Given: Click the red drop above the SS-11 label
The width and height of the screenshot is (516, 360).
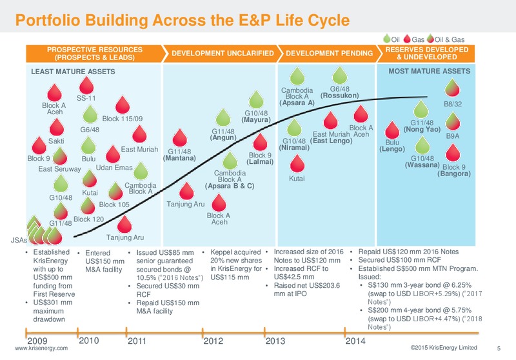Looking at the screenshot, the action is [86, 86].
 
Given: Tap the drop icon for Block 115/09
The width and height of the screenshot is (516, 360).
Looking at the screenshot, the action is [123, 105].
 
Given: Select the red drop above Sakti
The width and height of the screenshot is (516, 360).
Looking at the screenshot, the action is [56, 127].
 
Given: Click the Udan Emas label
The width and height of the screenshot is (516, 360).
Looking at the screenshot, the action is [114, 168].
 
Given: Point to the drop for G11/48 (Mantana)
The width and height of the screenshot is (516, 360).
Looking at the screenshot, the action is [180, 138].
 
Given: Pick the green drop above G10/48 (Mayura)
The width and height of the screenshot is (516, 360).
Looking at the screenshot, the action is [256, 100].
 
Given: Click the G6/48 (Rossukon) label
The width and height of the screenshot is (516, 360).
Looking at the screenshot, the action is [340, 92].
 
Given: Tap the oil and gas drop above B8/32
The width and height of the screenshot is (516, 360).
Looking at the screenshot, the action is [452, 88].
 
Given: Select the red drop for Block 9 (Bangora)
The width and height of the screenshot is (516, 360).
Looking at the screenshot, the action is [453, 153].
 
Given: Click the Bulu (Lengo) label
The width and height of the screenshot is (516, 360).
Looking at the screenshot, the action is [392, 146].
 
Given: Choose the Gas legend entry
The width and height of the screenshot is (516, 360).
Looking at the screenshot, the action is [413, 39].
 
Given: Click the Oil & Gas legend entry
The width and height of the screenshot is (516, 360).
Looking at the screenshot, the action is [446, 39].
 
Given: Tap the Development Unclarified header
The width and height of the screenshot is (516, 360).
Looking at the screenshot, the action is [223, 54].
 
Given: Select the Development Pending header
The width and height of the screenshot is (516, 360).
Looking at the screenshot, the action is [329, 54].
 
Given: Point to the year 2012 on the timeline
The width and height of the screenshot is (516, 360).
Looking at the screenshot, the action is [213, 341].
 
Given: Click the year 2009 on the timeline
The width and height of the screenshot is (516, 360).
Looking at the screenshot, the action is [37, 341].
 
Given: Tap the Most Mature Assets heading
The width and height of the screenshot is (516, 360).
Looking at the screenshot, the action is [430, 72].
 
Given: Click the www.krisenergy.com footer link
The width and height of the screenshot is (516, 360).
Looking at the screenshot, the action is [41, 348].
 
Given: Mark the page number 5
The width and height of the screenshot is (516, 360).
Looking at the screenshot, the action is [499, 348].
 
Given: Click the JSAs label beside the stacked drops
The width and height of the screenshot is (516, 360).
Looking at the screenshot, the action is [19, 240].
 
